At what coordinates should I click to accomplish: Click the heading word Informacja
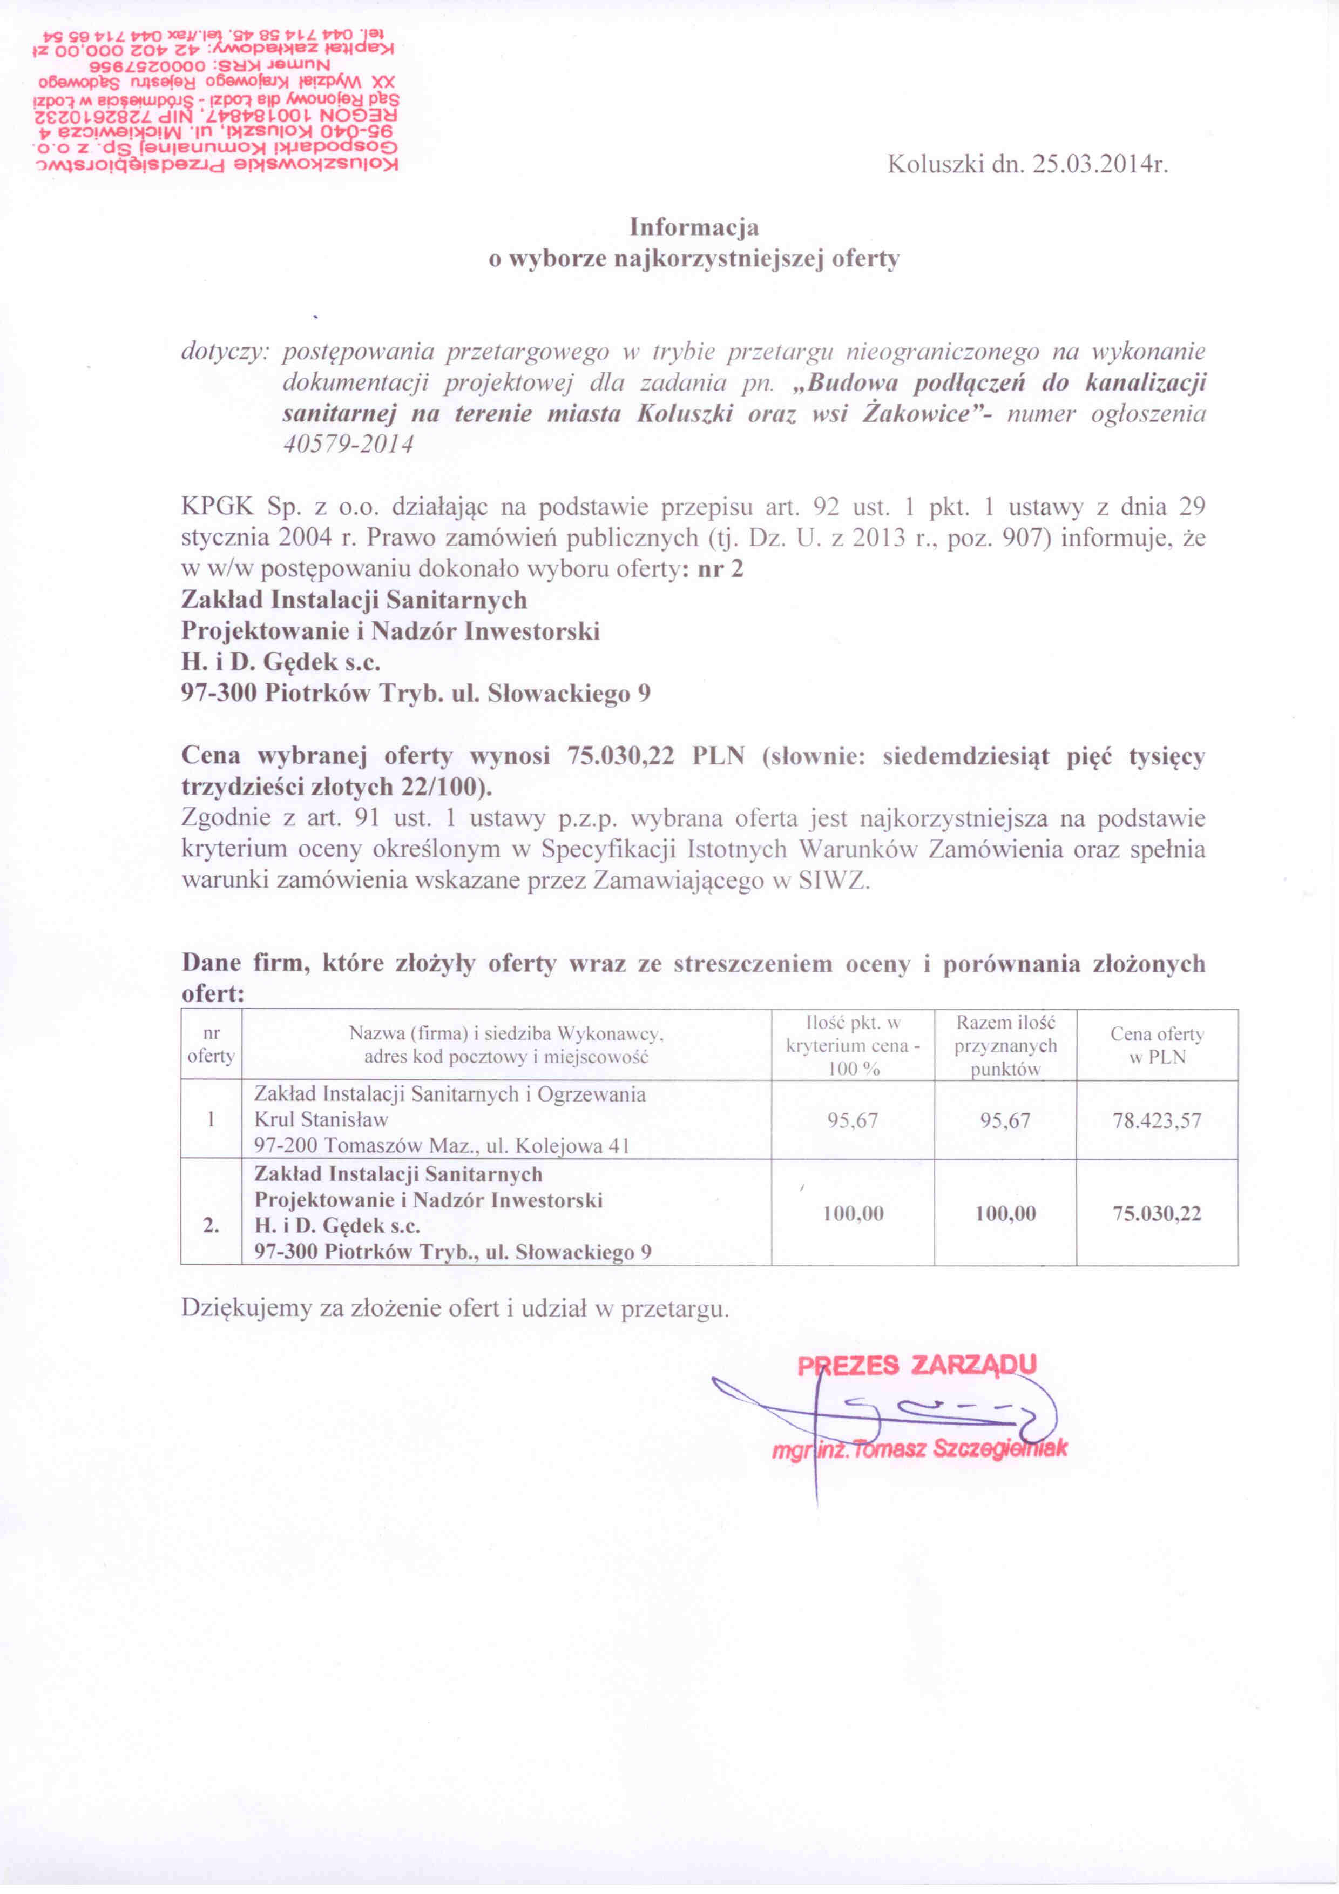(x=694, y=227)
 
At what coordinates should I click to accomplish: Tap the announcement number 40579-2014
(x=347, y=445)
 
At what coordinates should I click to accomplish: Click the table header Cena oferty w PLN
(x=1157, y=1045)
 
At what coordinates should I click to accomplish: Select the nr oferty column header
(x=211, y=1045)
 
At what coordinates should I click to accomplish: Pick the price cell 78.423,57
(x=1157, y=1120)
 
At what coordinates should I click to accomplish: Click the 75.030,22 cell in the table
(x=1157, y=1213)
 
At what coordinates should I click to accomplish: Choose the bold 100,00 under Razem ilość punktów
(x=1005, y=1213)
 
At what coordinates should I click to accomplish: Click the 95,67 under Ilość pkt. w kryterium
(x=853, y=1120)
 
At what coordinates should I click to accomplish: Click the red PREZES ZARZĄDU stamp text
(x=916, y=1365)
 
